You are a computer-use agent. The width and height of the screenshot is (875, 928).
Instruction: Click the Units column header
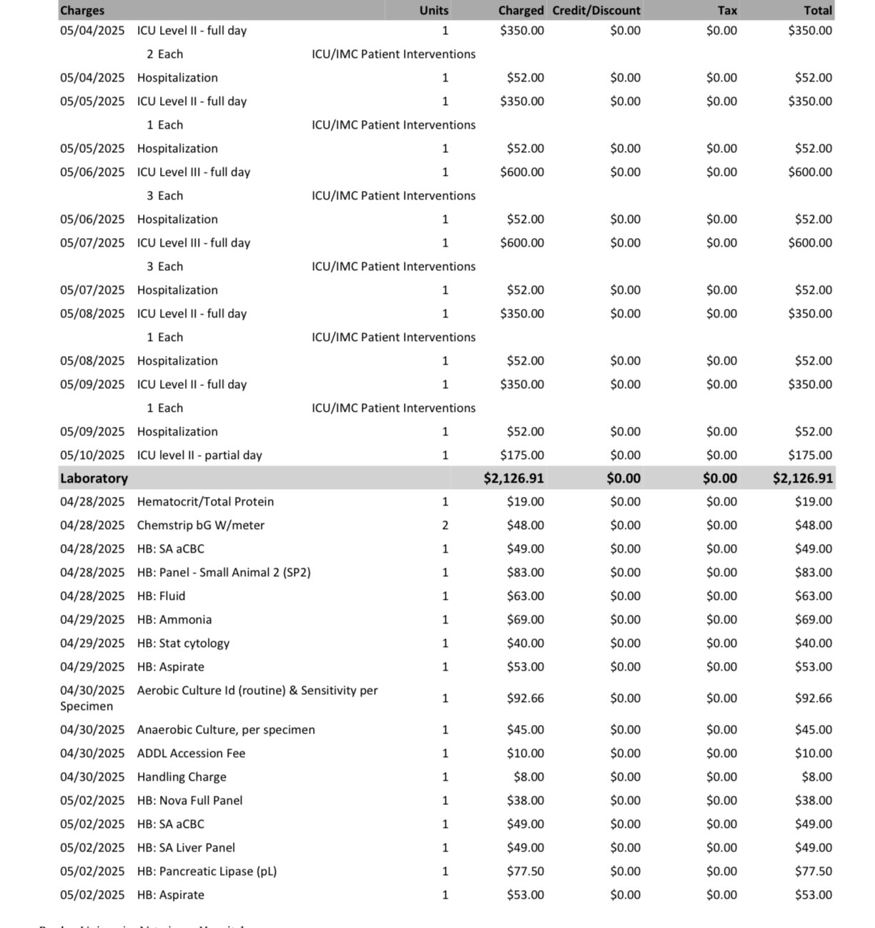pyautogui.click(x=434, y=11)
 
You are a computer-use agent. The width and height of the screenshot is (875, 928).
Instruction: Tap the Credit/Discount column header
pyautogui.click(x=596, y=11)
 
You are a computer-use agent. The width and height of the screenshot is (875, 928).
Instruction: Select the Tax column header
pyautogui.click(x=727, y=11)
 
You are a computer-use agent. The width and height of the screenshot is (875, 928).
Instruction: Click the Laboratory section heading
pyautogui.click(x=94, y=478)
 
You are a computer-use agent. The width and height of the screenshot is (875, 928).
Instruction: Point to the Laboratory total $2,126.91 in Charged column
pyautogui.click(x=513, y=478)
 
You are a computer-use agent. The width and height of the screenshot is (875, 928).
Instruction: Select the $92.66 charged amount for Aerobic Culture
pyautogui.click(x=525, y=699)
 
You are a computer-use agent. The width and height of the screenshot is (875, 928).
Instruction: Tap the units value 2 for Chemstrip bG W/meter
pyautogui.click(x=445, y=525)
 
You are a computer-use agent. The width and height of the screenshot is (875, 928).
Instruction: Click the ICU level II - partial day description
pyautogui.click(x=199, y=455)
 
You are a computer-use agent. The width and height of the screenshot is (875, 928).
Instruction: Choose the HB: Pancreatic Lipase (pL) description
pyautogui.click(x=207, y=872)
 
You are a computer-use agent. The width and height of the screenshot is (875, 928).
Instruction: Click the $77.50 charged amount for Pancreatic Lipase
pyautogui.click(x=525, y=872)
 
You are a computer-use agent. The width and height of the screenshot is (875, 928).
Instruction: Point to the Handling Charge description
pyautogui.click(x=182, y=777)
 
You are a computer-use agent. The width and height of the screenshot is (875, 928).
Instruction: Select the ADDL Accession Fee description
pyautogui.click(x=191, y=754)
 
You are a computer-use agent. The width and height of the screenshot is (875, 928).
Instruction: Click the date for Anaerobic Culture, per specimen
pyautogui.click(x=92, y=730)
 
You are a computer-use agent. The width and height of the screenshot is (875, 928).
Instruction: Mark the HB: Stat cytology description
pyautogui.click(x=183, y=643)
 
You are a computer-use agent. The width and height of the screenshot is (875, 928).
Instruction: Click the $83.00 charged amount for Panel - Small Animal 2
pyautogui.click(x=525, y=573)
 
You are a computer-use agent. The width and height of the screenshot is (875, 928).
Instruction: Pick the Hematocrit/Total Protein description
pyautogui.click(x=205, y=502)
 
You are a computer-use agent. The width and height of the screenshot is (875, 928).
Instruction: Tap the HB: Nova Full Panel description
pyautogui.click(x=189, y=801)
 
